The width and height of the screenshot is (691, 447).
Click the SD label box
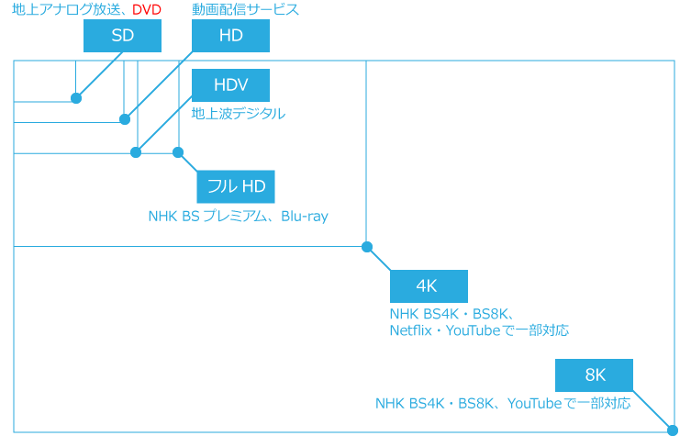[122, 36]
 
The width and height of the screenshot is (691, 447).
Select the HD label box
[230, 36]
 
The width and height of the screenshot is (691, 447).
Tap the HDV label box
[230, 85]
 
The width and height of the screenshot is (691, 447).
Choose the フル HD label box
[236, 186]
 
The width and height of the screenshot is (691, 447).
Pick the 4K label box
[429, 285]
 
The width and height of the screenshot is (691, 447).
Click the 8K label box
[595, 374]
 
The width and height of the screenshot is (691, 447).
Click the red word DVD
[146, 10]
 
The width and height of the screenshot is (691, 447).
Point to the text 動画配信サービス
[245, 10]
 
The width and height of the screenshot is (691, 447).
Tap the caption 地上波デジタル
[238, 114]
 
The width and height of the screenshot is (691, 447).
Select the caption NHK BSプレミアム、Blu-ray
[238, 217]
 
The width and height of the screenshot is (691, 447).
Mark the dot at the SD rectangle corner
[76, 98]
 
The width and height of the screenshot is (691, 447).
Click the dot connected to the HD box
[125, 119]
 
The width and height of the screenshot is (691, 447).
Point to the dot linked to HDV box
[136, 152]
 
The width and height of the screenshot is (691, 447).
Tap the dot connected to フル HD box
[178, 152]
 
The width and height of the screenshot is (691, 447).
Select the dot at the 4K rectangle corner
[367, 247]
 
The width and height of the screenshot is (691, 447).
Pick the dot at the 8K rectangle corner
[672, 430]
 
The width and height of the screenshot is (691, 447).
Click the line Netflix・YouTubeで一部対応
[478, 330]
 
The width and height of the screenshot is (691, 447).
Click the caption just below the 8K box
[502, 403]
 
